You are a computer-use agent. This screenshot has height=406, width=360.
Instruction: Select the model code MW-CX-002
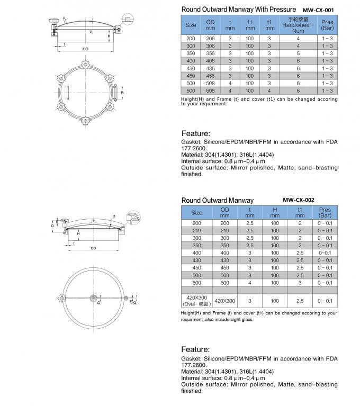[299, 200]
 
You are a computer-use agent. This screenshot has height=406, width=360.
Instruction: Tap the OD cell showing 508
[211, 84]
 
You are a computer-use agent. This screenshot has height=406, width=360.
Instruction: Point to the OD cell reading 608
[211, 91]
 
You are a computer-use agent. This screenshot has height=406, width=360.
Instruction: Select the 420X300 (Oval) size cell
[196, 301]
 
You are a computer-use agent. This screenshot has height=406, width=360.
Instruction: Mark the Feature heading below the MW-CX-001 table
[195, 133]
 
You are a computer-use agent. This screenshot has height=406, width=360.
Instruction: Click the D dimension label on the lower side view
[52, 225]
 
